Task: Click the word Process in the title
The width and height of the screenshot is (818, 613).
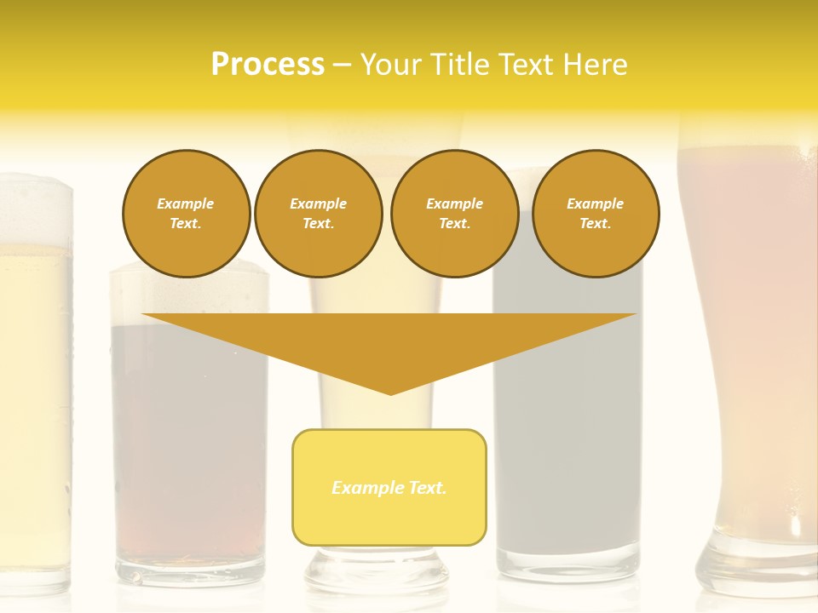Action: click(x=268, y=65)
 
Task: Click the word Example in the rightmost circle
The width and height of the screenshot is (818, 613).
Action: click(x=595, y=203)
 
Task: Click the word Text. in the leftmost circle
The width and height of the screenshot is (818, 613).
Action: click(x=186, y=224)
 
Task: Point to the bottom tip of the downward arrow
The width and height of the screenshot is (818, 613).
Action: click(x=390, y=392)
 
